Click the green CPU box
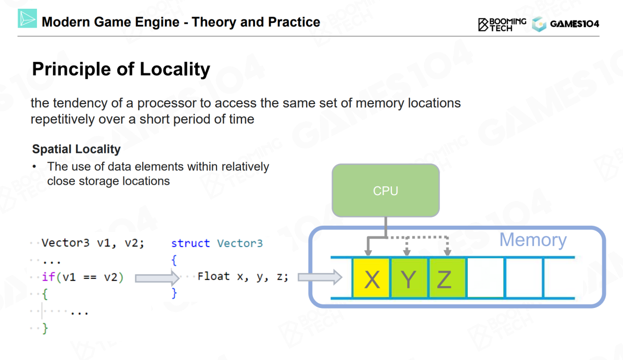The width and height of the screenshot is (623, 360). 385,190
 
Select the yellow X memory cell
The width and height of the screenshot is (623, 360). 371,278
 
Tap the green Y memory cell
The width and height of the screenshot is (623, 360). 409,278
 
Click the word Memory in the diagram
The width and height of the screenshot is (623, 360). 533,240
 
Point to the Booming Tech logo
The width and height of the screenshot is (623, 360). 502,24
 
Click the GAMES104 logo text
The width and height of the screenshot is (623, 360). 574,24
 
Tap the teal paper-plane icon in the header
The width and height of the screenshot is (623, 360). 27,19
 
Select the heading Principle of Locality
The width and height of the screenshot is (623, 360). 121,69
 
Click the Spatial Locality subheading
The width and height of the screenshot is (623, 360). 76,149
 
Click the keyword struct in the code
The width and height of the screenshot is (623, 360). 190,243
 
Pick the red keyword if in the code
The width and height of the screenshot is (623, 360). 48,277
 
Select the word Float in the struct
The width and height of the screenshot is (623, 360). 214,276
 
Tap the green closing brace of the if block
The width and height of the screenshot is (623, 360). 45,329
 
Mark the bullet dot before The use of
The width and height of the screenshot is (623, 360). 35,167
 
